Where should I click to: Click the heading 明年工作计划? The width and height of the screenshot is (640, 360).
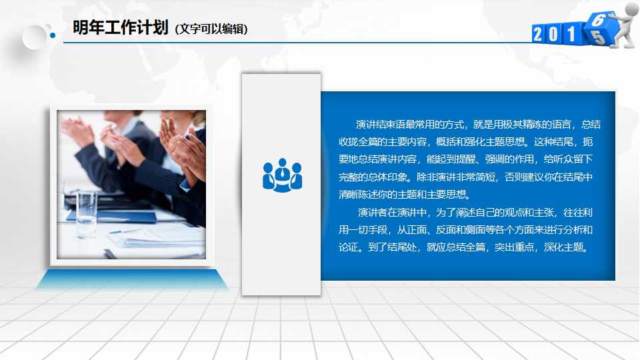120,28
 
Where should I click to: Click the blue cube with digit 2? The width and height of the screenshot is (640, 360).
540,34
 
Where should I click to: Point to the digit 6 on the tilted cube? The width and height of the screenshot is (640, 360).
597,21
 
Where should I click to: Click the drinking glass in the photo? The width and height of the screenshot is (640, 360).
87,213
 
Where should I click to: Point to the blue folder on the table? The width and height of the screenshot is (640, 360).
113,215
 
